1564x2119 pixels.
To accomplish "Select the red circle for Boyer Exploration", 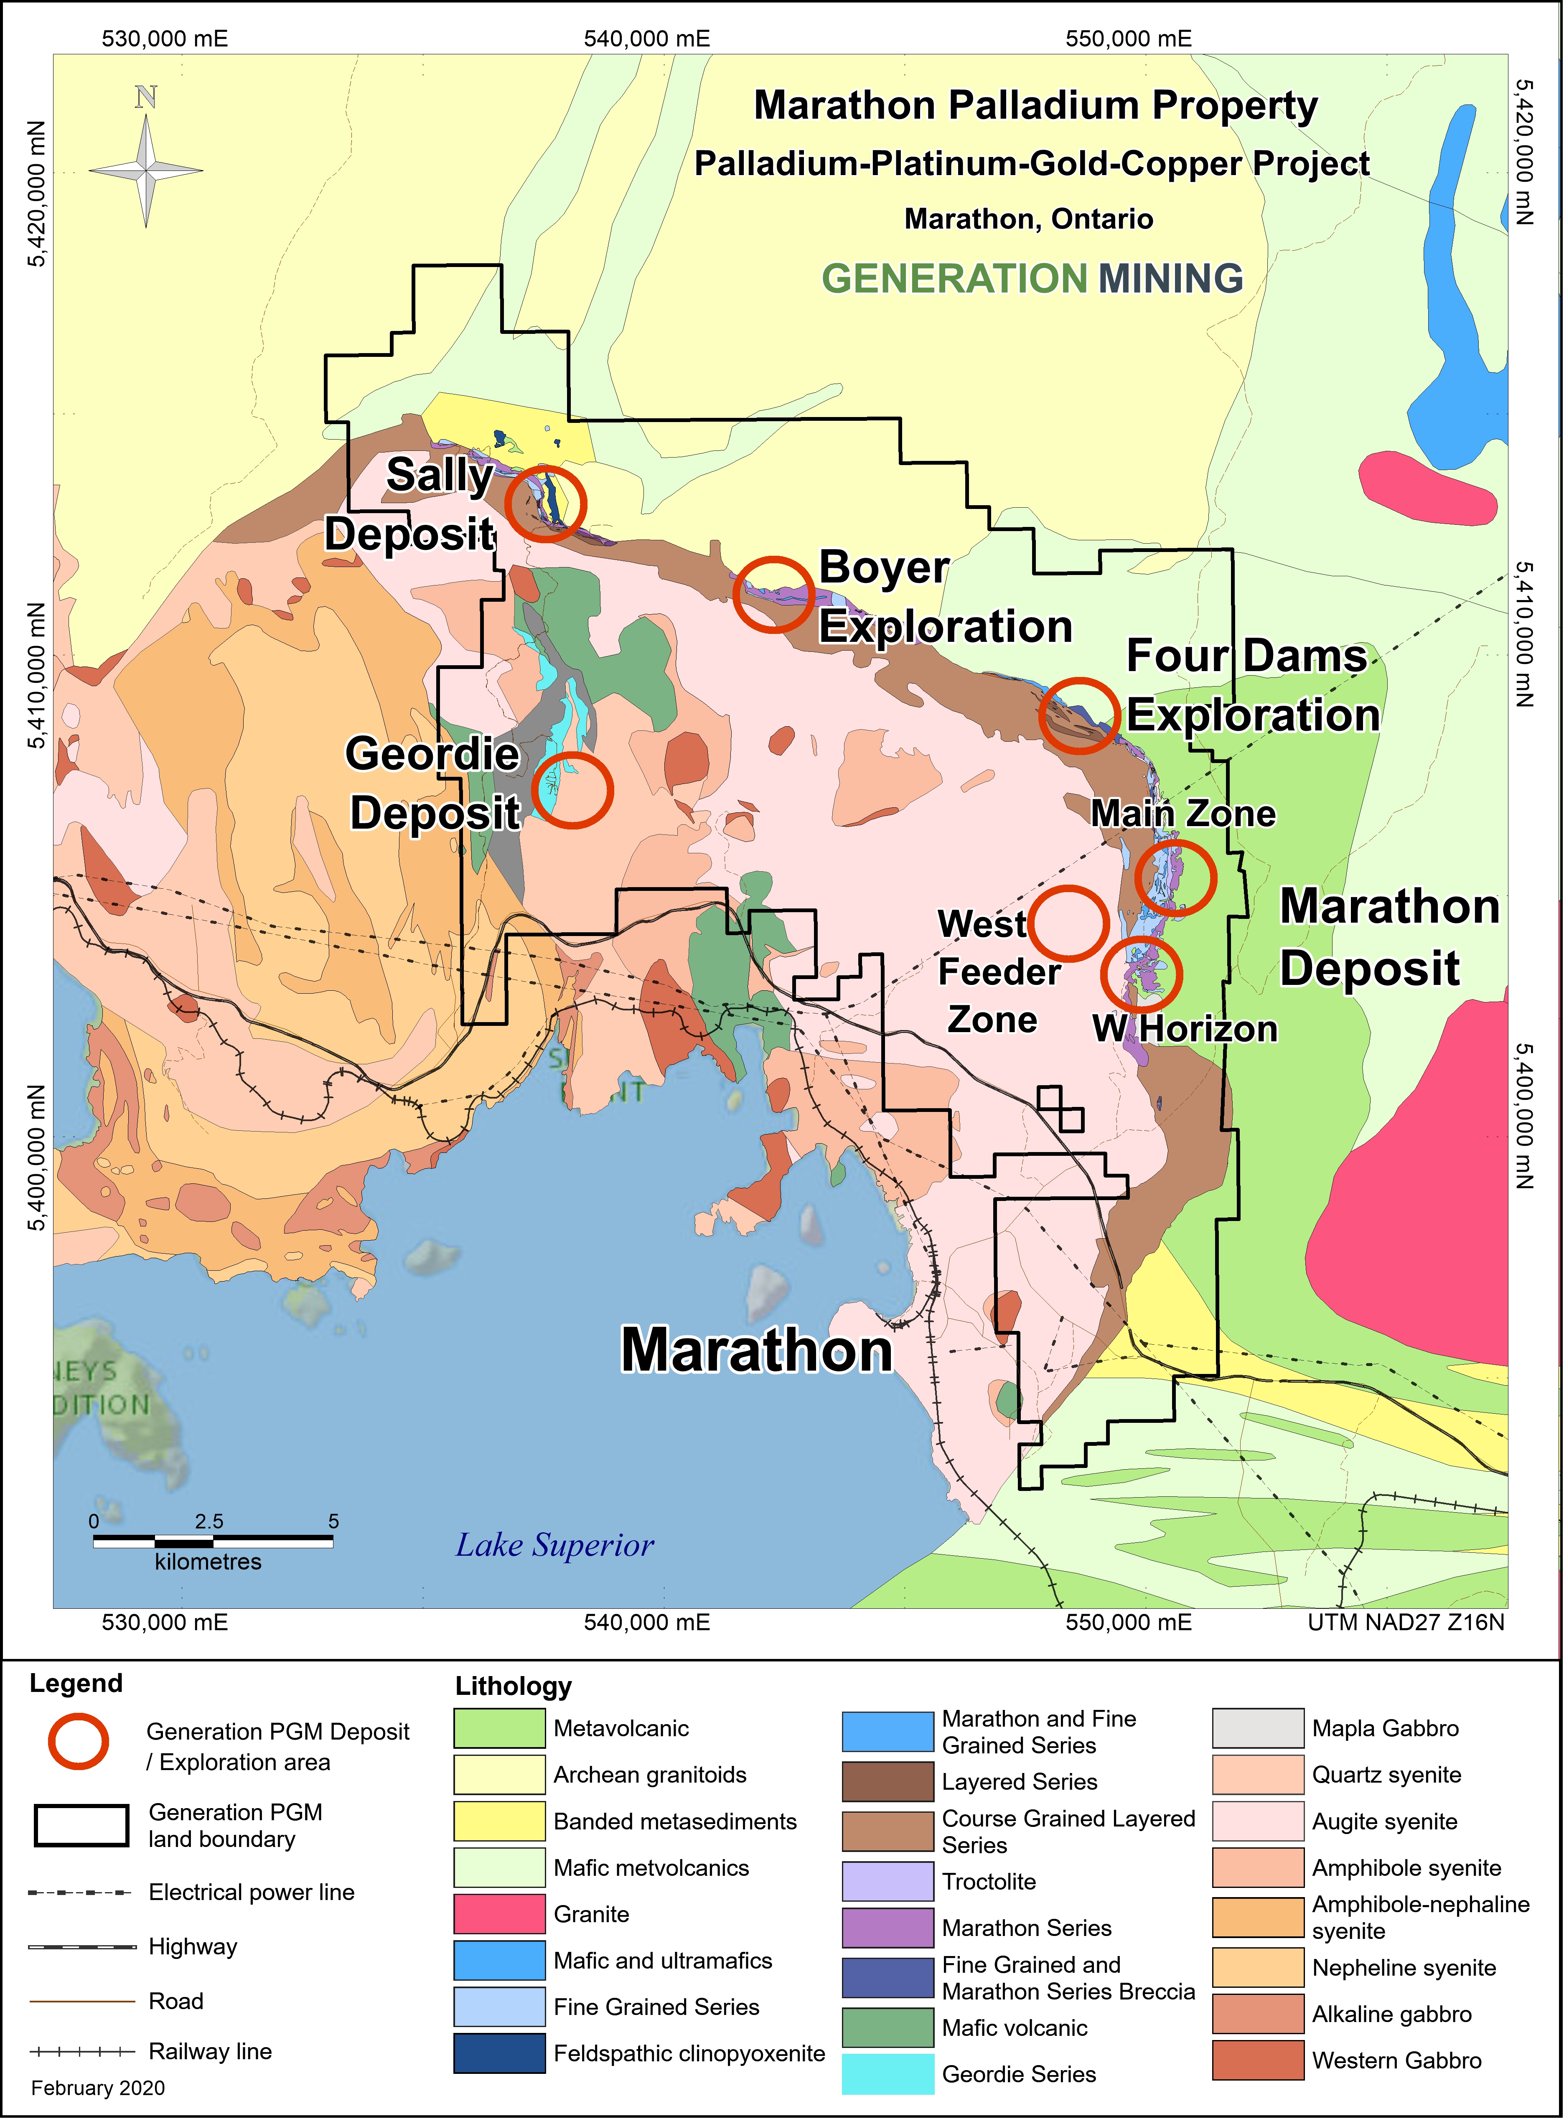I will click(773, 594).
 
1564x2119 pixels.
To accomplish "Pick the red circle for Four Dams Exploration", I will click(1079, 716).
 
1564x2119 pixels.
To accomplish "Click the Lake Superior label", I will click(555, 1545).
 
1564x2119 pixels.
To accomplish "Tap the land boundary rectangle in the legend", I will click(81, 1826).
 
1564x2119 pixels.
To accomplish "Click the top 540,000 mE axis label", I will click(646, 39).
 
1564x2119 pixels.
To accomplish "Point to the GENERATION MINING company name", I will click(1032, 278).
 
